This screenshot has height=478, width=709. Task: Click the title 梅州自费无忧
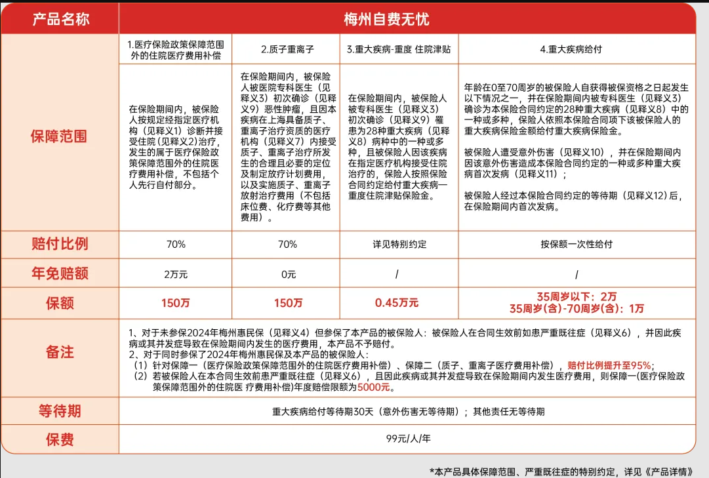pos(386,19)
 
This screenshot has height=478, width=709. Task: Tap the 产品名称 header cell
pos(60,19)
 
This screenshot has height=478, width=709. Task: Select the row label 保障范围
pos(59,137)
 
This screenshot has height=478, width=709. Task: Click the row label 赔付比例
pos(59,244)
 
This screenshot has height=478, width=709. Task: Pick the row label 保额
pos(59,303)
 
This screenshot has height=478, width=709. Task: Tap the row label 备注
pos(59,351)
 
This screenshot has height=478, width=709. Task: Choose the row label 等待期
pos(59,411)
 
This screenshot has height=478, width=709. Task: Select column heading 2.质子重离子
pos(287,49)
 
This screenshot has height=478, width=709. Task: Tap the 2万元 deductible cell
pos(175,274)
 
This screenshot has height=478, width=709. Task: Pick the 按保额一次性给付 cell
pos(577,244)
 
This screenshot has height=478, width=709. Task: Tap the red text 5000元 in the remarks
pos(375,388)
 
